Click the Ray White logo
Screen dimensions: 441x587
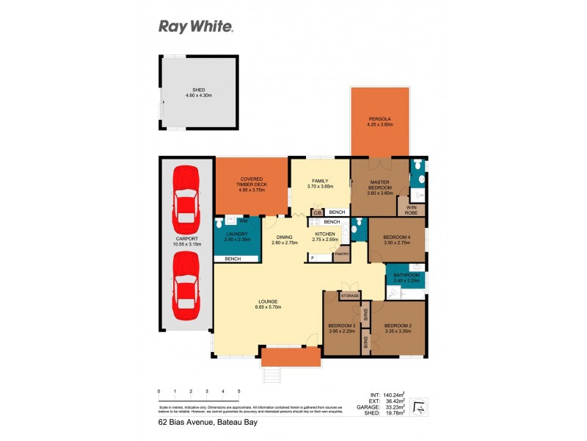coord(196,27)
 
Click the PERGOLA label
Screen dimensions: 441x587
coord(380,121)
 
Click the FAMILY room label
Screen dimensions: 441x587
coord(319,181)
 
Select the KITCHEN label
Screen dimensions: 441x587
coord(325,235)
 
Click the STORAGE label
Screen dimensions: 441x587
coord(350,295)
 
